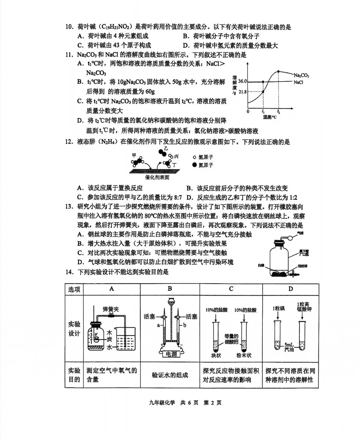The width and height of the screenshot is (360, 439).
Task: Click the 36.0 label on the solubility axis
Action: click(x=242, y=82)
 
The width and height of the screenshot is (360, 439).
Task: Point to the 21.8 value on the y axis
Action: click(x=242, y=92)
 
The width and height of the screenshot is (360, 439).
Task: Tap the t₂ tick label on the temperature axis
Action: click(x=278, y=112)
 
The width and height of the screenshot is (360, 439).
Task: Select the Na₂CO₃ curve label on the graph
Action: click(x=301, y=76)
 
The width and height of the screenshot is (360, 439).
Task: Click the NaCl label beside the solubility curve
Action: click(x=298, y=82)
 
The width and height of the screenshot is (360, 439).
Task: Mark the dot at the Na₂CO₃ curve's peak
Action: click(x=278, y=71)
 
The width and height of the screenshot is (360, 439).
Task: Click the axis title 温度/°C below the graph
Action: click(x=270, y=117)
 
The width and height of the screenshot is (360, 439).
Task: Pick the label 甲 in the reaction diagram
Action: click(x=134, y=155)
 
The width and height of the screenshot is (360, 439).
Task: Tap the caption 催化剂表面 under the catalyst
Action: click(x=157, y=177)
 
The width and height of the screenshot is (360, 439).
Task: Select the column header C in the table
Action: click(x=231, y=289)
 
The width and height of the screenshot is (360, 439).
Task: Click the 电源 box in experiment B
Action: click(x=171, y=354)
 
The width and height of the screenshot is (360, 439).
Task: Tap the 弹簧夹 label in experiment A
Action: click(x=111, y=309)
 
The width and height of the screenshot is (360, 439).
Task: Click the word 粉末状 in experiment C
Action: click(x=243, y=355)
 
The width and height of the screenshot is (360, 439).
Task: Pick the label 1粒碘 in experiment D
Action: click(x=278, y=308)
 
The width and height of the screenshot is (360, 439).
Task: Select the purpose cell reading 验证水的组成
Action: click(x=170, y=375)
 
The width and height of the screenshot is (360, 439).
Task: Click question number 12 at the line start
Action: click(x=69, y=142)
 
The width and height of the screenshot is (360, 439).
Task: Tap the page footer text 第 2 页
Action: click(x=213, y=403)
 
